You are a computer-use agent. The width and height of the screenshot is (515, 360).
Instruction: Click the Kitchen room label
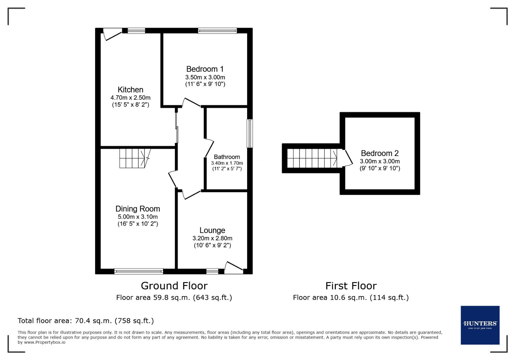(130, 90)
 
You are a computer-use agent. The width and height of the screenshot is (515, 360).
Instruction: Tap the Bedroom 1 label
(205, 69)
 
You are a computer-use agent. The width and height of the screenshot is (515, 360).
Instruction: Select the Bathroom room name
(227, 157)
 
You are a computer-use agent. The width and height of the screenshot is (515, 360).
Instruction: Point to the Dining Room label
(137, 209)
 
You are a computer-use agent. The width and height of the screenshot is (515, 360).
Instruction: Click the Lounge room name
(212, 230)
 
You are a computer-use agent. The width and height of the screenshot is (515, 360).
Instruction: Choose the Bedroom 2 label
(380, 153)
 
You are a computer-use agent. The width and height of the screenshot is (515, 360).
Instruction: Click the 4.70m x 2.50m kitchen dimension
(130, 98)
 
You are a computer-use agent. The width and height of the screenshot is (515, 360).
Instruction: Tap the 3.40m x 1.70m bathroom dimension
(227, 163)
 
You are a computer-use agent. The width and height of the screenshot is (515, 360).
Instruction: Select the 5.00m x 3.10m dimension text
(137, 217)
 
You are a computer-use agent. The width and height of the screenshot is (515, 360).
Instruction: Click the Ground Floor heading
(174, 286)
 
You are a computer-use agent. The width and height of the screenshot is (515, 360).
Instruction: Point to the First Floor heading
(351, 286)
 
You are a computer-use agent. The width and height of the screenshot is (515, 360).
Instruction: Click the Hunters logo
(480, 325)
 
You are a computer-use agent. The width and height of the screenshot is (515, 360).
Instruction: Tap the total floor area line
(86, 321)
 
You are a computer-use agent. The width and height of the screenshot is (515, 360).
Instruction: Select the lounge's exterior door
(234, 268)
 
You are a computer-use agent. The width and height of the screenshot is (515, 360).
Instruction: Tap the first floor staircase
(312, 158)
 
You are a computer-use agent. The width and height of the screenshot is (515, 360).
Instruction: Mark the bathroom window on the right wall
(250, 133)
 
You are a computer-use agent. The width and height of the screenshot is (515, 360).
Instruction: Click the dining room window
(138, 271)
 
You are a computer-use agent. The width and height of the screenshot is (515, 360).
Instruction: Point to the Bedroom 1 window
(217, 31)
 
